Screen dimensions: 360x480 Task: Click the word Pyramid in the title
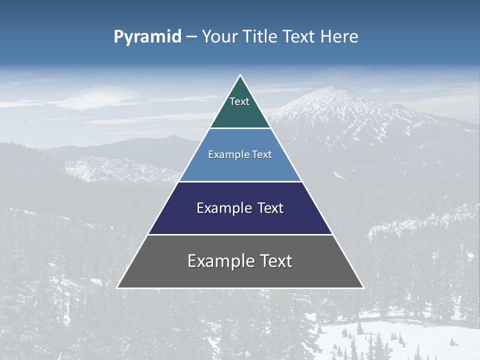147,37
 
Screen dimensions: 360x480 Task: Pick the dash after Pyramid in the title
191,37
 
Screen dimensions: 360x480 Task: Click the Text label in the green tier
239,101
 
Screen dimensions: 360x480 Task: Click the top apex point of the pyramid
240,75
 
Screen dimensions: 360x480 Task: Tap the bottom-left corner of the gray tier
118,287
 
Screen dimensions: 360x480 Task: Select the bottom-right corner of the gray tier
363,287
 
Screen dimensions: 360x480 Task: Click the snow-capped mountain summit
336,88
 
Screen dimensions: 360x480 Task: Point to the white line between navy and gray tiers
240,234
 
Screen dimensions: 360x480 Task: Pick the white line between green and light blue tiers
240,128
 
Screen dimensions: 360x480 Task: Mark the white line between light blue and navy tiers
240,181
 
